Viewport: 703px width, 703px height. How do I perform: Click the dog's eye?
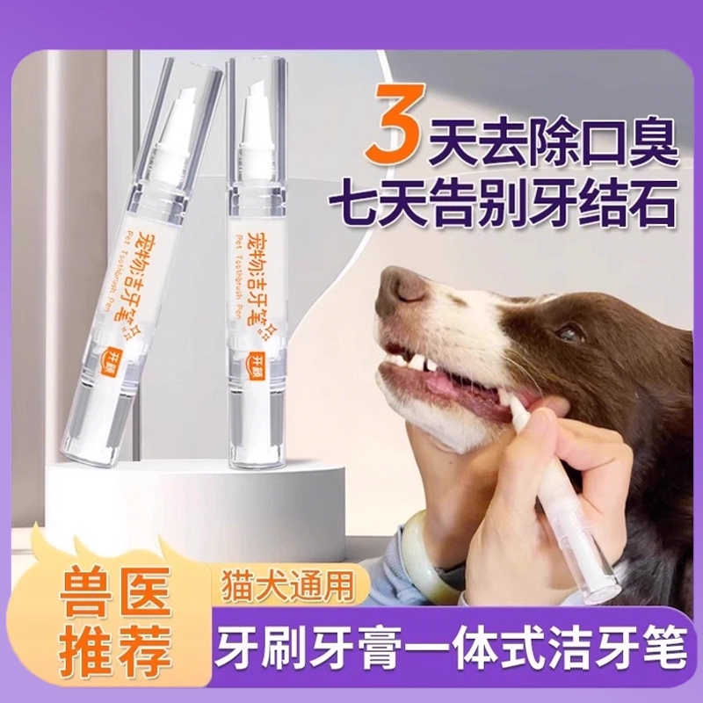click(569, 332)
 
